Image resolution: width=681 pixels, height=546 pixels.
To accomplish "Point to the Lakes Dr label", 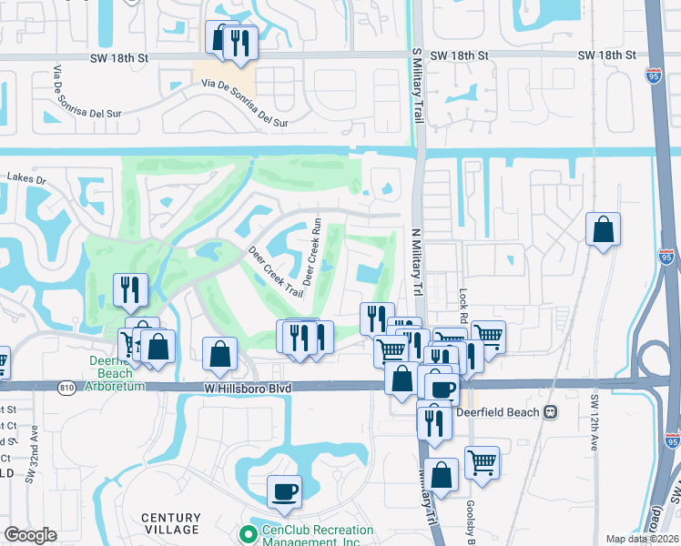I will click(x=25, y=179).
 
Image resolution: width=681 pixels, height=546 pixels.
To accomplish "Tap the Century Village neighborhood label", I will click(x=170, y=523).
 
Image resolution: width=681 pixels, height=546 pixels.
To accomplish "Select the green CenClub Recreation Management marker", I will click(x=245, y=533).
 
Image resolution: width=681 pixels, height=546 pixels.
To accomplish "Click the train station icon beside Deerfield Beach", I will click(x=550, y=411).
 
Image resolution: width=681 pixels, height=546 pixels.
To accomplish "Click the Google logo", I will click(x=30, y=535).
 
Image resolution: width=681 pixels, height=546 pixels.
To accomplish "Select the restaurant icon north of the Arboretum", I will click(x=130, y=288).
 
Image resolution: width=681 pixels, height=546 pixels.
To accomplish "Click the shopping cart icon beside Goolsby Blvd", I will click(x=482, y=461).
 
